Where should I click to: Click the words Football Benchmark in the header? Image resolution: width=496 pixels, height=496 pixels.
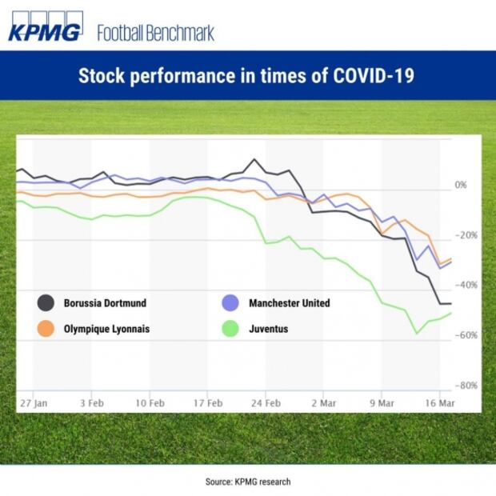pyautogui.click(x=155, y=34)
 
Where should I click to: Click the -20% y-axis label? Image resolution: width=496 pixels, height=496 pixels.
pyautogui.click(x=466, y=235)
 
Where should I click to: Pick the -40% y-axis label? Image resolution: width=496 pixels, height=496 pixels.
pyautogui.click(x=466, y=285)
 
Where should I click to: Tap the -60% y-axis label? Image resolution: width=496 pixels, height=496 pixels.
pyautogui.click(x=466, y=335)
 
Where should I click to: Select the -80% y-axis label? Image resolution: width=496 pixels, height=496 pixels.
pyautogui.click(x=466, y=386)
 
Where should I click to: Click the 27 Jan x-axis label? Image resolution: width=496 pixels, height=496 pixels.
pyautogui.click(x=34, y=404)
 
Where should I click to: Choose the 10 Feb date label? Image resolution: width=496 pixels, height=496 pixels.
pyautogui.click(x=150, y=404)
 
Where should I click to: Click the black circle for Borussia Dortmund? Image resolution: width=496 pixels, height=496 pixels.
pyautogui.click(x=46, y=303)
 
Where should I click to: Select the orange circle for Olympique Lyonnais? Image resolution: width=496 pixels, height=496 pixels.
pyautogui.click(x=46, y=328)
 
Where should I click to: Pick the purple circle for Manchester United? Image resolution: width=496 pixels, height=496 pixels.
pyautogui.click(x=230, y=303)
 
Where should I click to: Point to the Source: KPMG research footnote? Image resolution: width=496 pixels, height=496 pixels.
pyautogui.click(x=247, y=482)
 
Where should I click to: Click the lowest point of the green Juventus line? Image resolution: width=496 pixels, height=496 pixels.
pyautogui.click(x=416, y=332)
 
